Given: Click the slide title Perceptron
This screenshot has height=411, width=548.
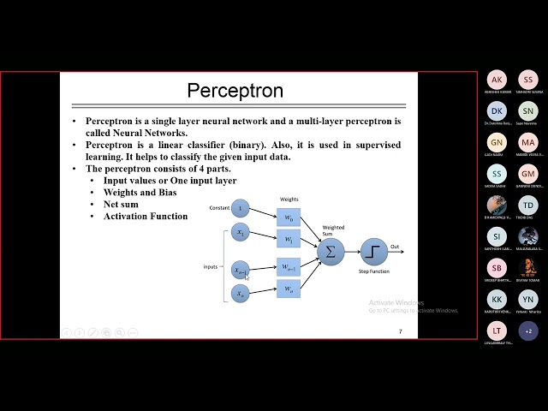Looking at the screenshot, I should [235, 90].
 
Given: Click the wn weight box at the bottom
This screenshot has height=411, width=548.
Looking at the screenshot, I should [288, 289].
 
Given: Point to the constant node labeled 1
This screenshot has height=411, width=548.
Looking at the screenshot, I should [241, 208].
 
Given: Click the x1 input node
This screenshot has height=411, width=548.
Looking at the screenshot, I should [241, 232].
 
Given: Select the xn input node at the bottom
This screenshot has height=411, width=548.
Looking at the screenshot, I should [241, 294].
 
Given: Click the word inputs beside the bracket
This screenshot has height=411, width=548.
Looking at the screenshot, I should [211, 266].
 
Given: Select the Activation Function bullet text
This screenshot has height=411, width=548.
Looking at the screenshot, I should [146, 217].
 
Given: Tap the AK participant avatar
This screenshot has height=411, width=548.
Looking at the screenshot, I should [497, 80].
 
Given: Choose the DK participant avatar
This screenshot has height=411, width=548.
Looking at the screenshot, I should [497, 110].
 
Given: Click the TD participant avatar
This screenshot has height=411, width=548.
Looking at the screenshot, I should [528, 205].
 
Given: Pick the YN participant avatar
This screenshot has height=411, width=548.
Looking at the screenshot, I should [528, 299].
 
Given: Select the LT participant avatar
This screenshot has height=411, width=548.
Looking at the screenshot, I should [497, 331].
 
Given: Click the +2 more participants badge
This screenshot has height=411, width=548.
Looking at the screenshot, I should [528, 331].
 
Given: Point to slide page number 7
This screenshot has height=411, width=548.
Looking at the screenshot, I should [399, 331].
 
